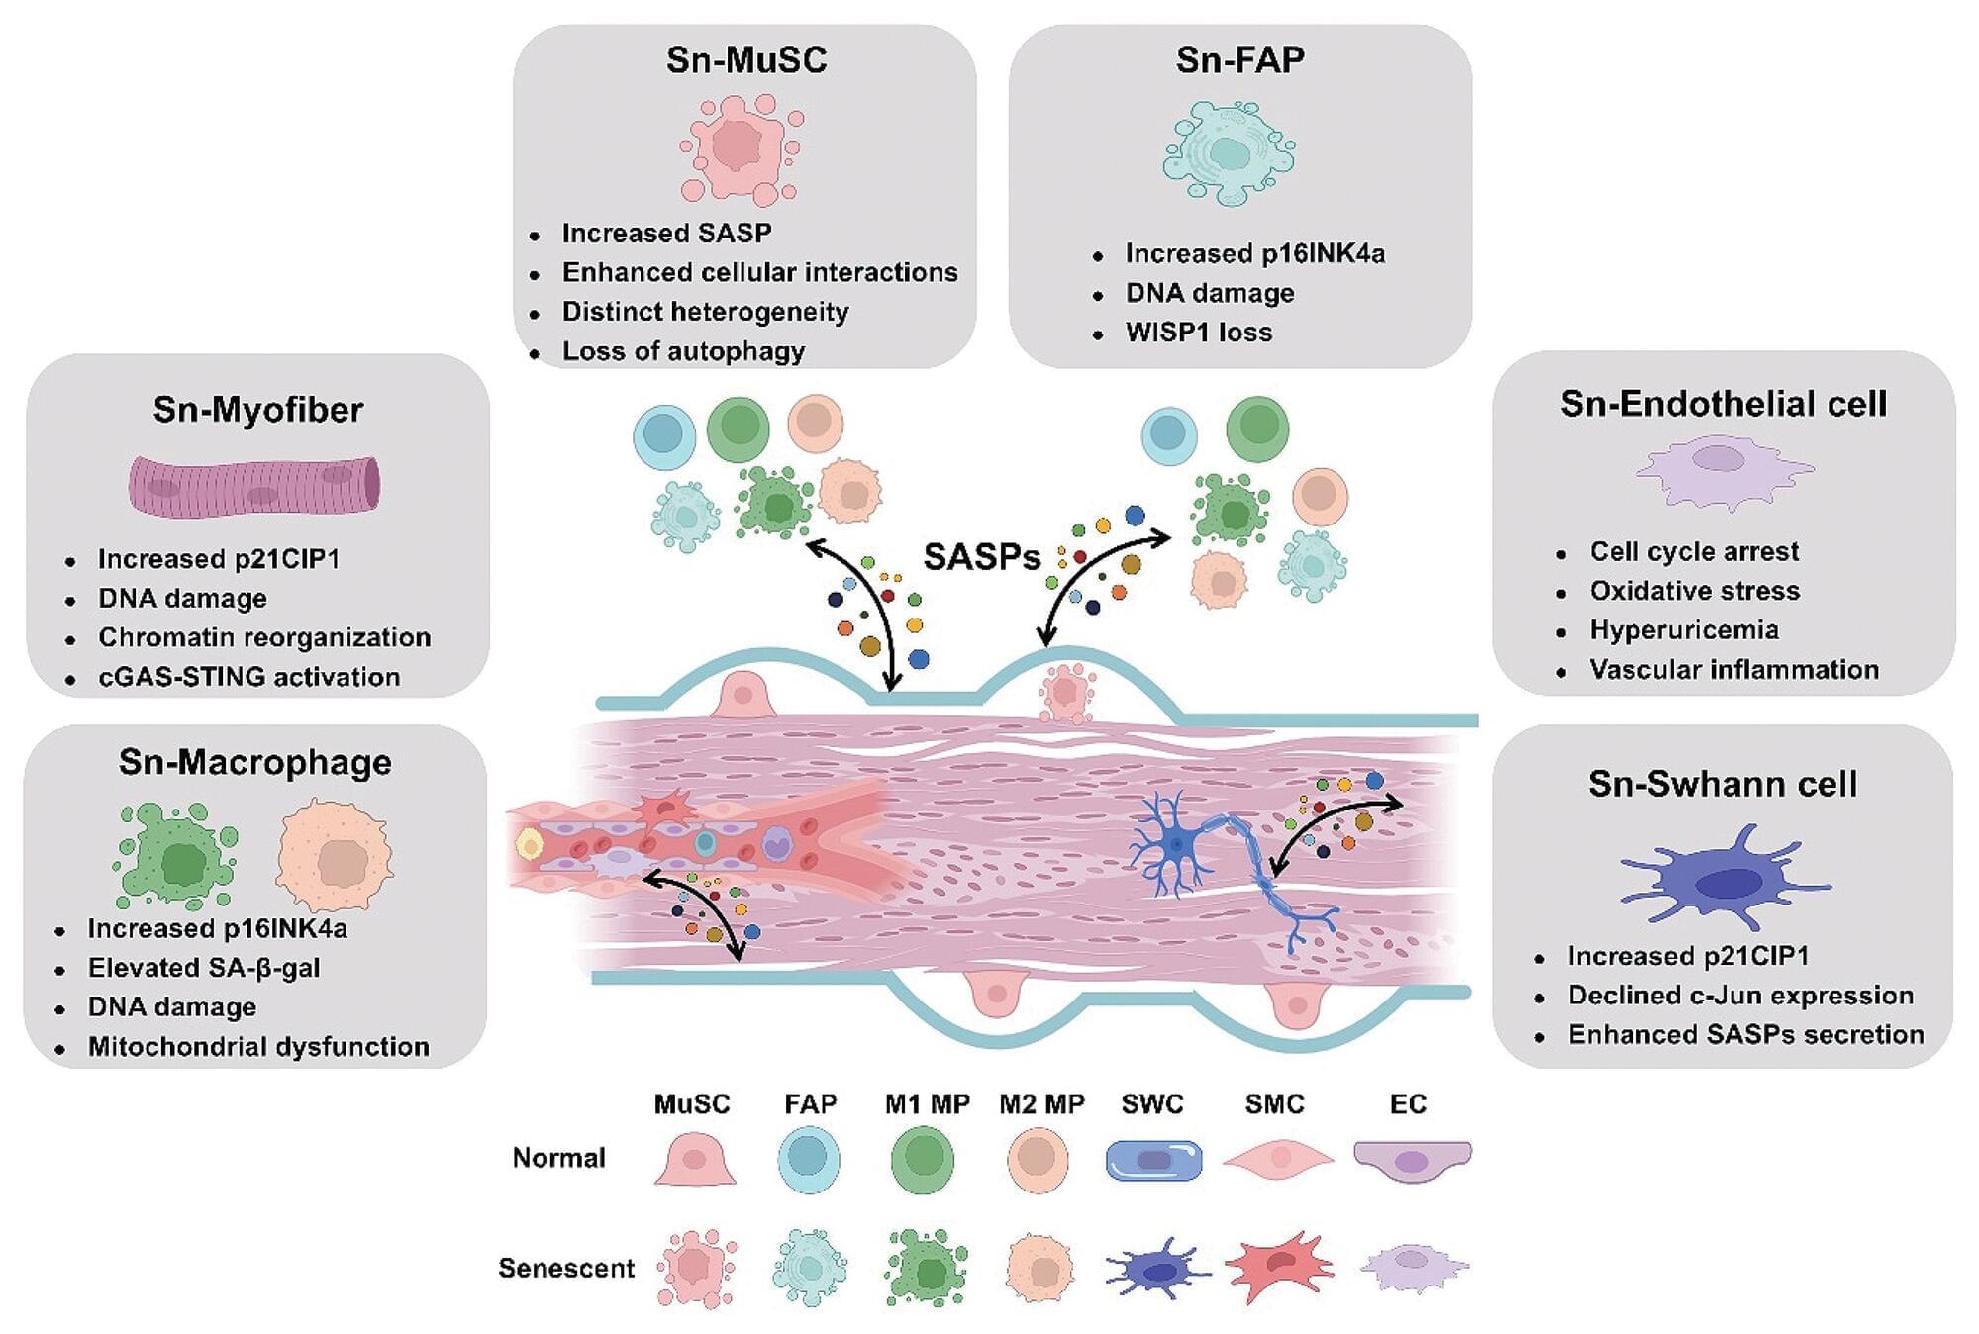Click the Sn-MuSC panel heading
(x=745, y=60)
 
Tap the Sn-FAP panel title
(x=1239, y=60)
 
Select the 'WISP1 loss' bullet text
(x=1198, y=333)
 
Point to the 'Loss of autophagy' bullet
(x=683, y=351)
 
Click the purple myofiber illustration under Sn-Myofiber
(x=254, y=486)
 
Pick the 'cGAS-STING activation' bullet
(x=248, y=677)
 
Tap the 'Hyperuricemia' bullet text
(x=1683, y=630)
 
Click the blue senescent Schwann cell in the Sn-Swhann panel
(x=1724, y=879)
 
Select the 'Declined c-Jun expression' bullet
(x=1739, y=996)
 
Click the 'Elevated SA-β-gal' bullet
(x=204, y=968)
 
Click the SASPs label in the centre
(x=981, y=557)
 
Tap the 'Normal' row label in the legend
(x=558, y=1158)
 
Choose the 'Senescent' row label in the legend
(x=565, y=1268)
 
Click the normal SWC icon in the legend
(x=1153, y=1160)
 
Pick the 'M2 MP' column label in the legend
(x=1041, y=1103)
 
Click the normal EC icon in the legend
(x=1412, y=1160)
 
